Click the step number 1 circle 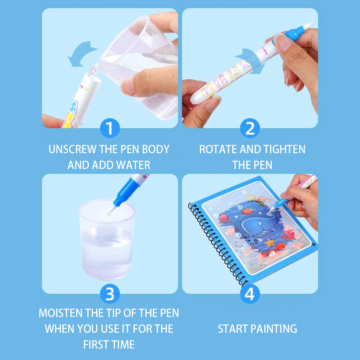pos(110,128)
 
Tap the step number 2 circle pos(250,128)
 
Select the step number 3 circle pos(110,294)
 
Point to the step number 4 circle pos(250,294)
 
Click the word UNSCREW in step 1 pos(72,149)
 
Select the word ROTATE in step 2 pos(218,149)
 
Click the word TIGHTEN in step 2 pos(284,149)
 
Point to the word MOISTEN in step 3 pos(61,313)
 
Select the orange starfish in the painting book pos(270,242)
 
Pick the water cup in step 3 pos(107,239)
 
